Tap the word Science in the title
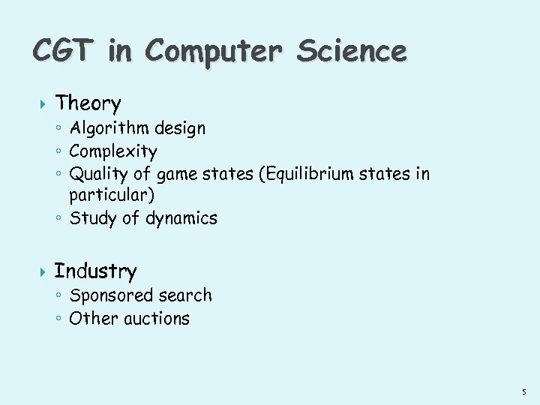point(351,51)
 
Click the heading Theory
point(88,103)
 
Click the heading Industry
point(95,271)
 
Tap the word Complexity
point(113,151)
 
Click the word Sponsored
point(106,296)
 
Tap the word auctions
point(157,319)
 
